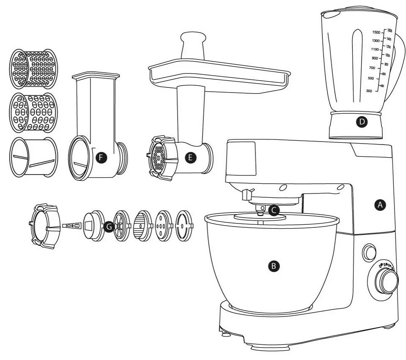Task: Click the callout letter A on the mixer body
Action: [380, 205]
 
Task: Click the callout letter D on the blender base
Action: [362, 122]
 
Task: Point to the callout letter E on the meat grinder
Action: [190, 158]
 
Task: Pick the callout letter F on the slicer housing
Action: [101, 158]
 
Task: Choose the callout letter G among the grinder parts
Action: [109, 227]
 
